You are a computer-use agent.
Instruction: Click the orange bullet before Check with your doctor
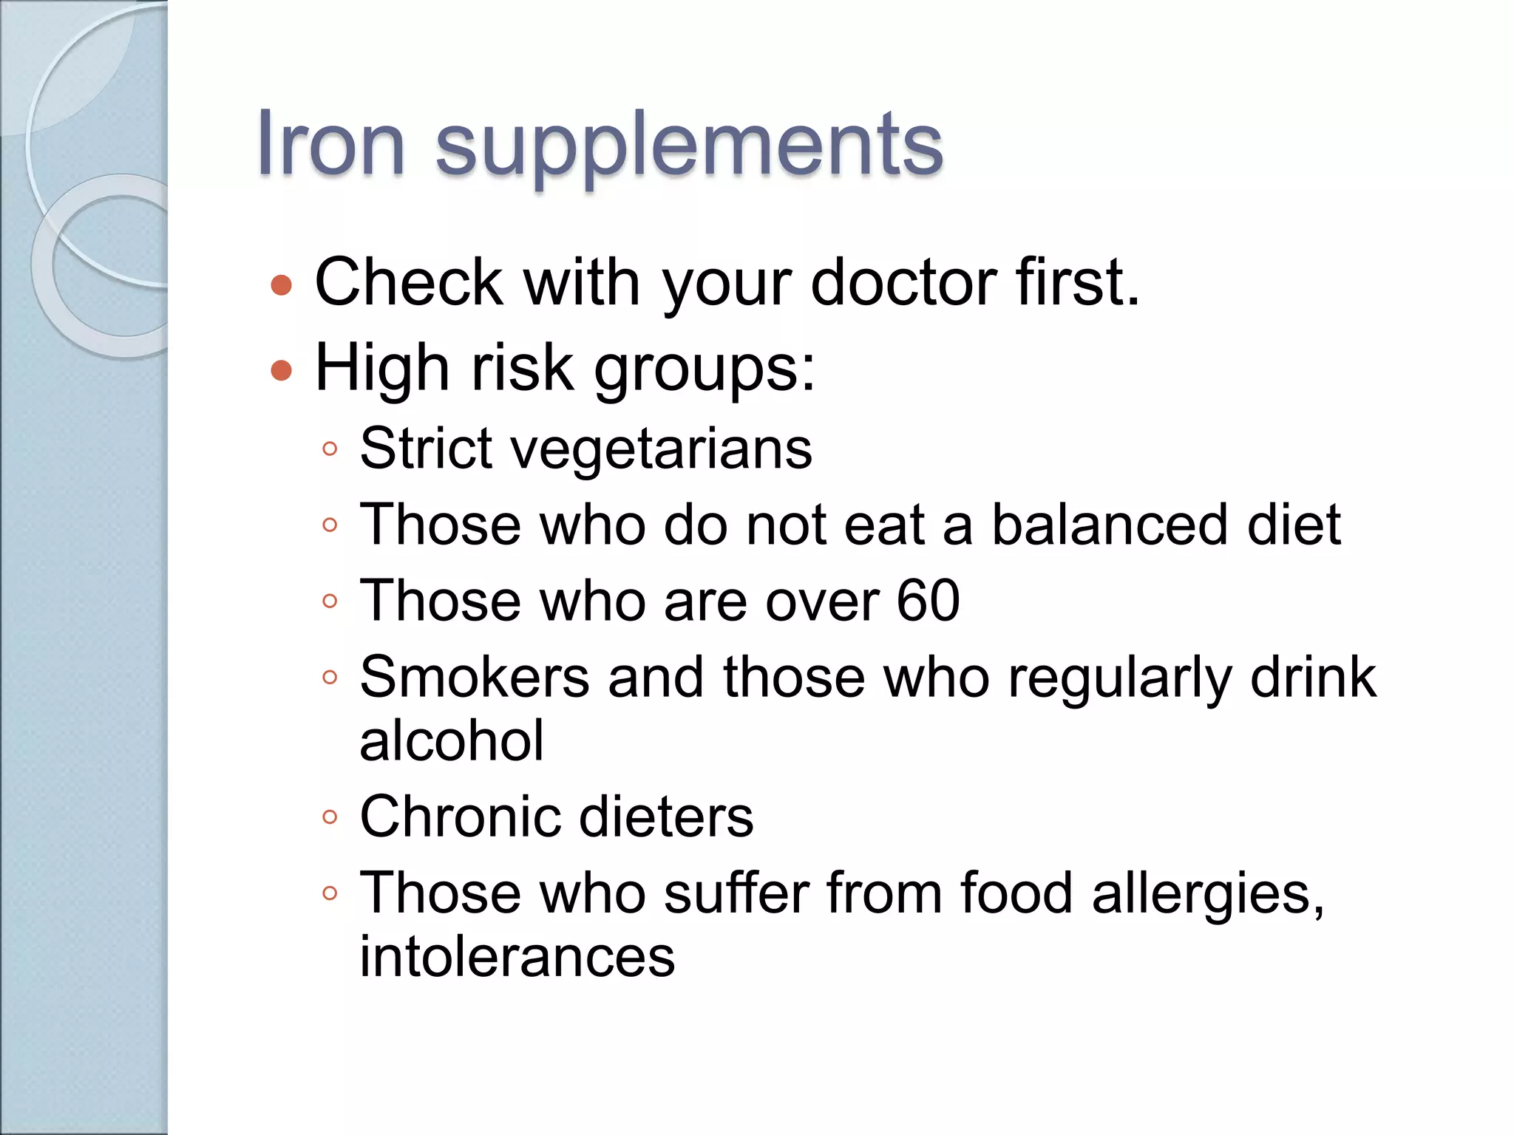coord(281,285)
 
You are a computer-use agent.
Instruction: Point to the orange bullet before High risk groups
coord(281,369)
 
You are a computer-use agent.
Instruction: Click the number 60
coord(928,601)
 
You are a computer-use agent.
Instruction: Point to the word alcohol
coord(452,740)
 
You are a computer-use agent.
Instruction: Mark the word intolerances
coord(517,957)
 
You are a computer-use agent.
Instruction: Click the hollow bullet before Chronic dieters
coord(330,817)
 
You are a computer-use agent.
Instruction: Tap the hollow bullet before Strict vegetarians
coord(330,449)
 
